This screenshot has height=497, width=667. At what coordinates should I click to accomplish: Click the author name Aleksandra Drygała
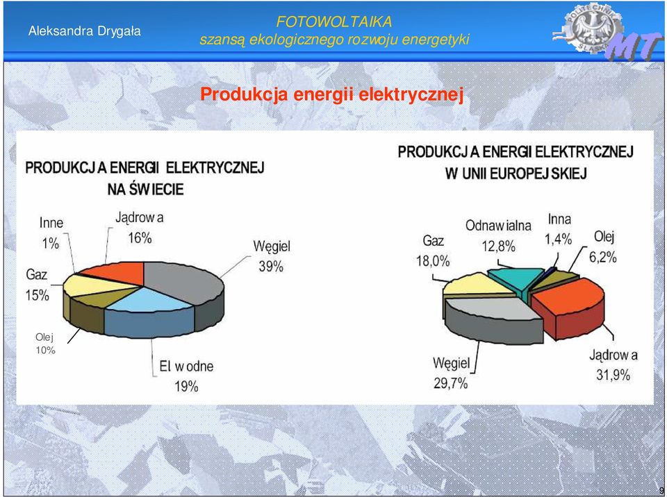click(84, 31)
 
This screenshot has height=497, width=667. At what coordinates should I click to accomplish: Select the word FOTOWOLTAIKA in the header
click(334, 22)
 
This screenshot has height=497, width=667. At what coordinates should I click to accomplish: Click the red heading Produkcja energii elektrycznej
click(332, 94)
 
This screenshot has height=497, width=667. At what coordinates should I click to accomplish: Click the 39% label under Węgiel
click(271, 267)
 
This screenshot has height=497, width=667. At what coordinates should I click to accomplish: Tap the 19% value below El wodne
click(186, 387)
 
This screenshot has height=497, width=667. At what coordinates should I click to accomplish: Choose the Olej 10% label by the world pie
click(45, 344)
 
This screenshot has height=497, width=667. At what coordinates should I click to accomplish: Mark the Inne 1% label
click(51, 233)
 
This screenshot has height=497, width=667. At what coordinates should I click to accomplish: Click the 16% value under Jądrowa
click(140, 238)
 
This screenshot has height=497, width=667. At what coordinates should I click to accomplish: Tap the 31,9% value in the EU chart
click(613, 375)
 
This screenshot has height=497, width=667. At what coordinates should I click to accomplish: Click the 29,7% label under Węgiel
click(450, 383)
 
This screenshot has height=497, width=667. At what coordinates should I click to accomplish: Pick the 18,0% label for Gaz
click(433, 260)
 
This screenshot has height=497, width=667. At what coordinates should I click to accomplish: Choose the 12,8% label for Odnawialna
click(499, 246)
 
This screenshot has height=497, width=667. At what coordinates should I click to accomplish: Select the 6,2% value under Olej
click(603, 257)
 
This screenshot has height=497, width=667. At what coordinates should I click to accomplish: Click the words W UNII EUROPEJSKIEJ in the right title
click(516, 174)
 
